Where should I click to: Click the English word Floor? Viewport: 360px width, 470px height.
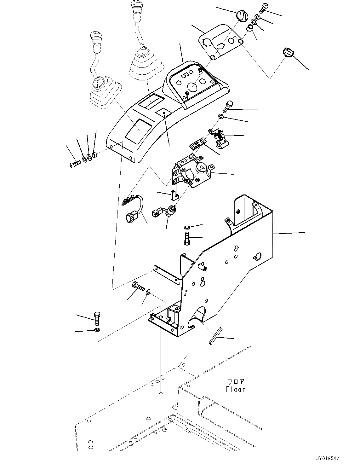point(235,389)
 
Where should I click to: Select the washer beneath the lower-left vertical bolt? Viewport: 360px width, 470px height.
point(97,330)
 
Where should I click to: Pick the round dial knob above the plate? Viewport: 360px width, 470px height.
point(242,16)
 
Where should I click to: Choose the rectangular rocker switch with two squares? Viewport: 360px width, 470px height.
point(197,145)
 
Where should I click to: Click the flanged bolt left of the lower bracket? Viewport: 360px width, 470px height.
point(138,286)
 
